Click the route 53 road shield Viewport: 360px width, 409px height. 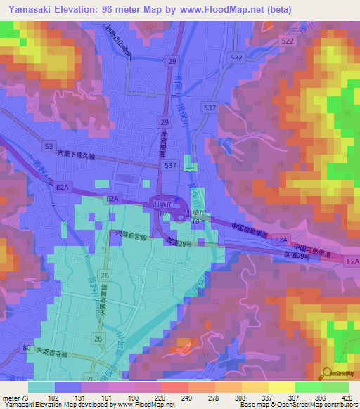coord(49,146)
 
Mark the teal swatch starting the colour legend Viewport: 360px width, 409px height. coord(41,387)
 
